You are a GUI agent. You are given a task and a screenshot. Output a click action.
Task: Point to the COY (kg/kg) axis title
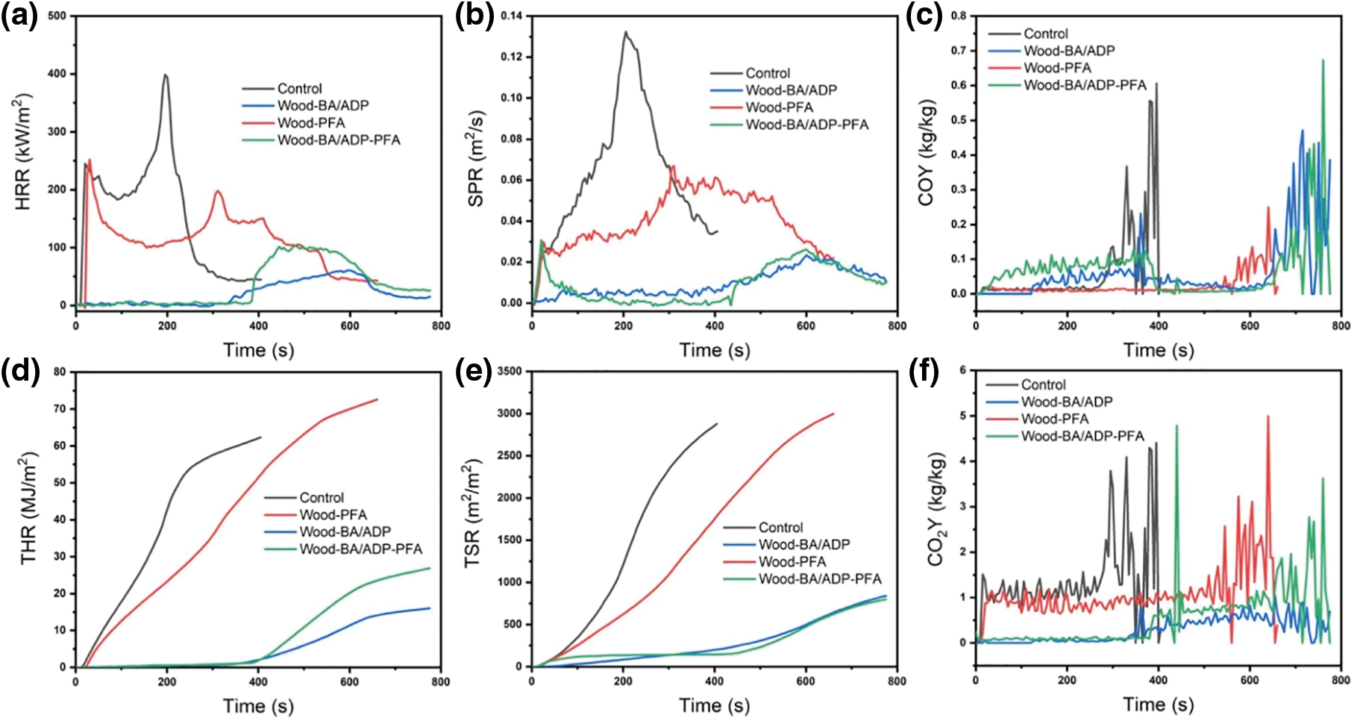pos(926,152)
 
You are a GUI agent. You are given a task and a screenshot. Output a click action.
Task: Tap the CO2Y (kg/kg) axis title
pos(936,508)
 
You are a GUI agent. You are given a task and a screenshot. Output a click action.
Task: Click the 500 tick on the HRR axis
pos(56,16)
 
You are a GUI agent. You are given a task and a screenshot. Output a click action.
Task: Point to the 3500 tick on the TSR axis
pos(509,371)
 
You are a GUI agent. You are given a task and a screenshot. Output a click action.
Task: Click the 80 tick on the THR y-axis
pos(60,372)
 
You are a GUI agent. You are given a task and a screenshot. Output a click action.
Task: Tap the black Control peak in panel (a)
pos(166,75)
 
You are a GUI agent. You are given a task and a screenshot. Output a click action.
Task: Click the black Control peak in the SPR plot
pos(625,32)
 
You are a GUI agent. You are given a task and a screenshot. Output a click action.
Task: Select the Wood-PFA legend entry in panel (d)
pos(333,515)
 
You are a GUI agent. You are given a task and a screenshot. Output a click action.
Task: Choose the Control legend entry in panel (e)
pos(780,527)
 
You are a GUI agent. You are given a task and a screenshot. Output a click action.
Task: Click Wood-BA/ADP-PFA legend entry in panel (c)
pos(1085,85)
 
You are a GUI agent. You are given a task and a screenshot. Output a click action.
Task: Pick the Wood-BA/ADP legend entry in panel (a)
pos(322,105)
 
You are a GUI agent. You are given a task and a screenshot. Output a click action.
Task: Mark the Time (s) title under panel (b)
pos(714,350)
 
